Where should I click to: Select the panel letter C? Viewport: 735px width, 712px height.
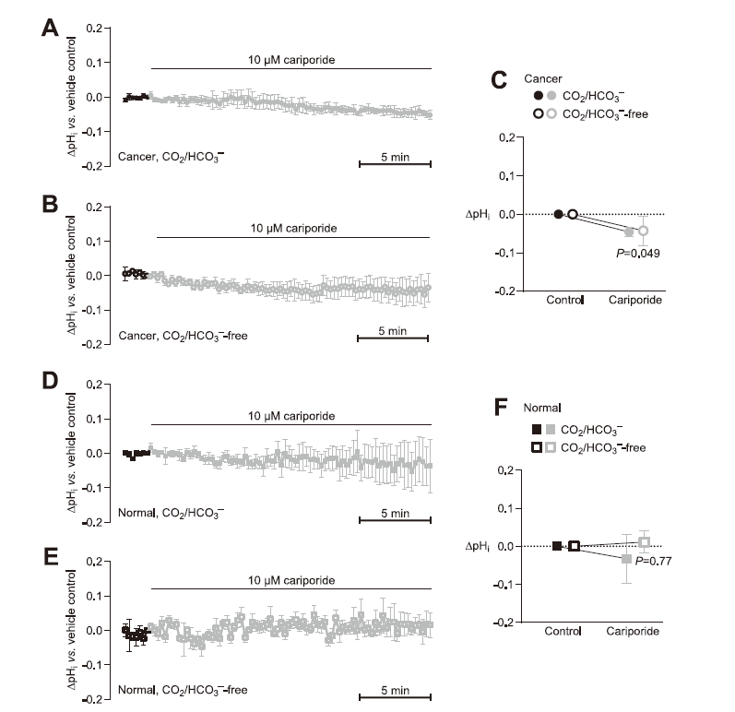click(x=498, y=80)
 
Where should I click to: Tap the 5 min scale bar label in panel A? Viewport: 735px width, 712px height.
click(x=396, y=156)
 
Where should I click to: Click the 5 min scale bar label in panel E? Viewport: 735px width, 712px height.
click(x=394, y=689)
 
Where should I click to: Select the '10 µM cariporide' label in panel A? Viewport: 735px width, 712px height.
click(x=290, y=60)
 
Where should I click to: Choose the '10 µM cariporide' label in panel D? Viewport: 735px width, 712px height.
click(x=290, y=417)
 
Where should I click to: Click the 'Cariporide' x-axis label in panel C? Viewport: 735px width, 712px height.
click(x=636, y=300)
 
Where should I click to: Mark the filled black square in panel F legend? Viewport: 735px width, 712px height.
click(x=537, y=428)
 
